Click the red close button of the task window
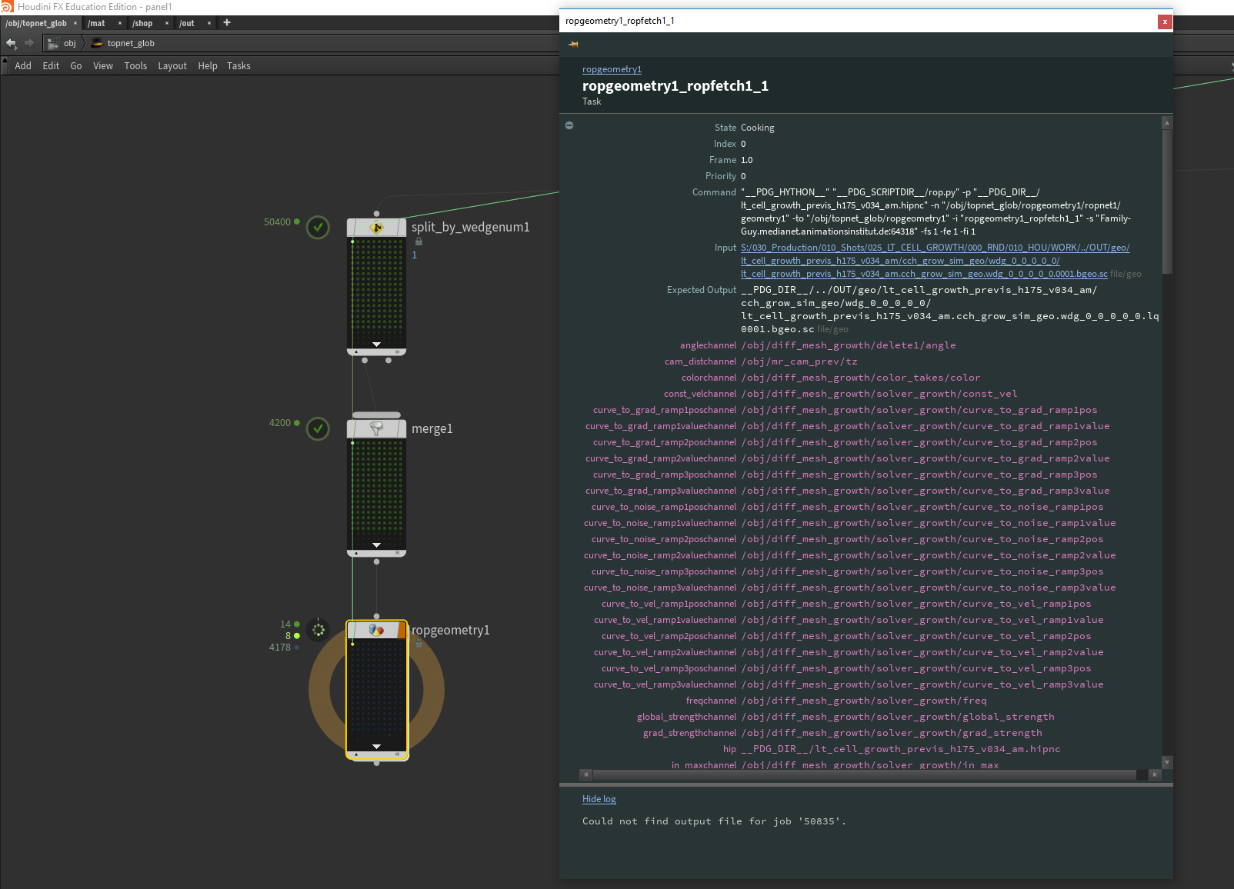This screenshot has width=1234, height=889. pyautogui.click(x=1165, y=22)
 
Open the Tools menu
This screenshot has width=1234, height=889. pyautogui.click(x=135, y=65)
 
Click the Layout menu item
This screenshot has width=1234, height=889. pyautogui.click(x=172, y=66)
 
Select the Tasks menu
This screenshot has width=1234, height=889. pyautogui.click(x=238, y=65)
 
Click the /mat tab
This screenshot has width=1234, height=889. pyautogui.click(x=96, y=23)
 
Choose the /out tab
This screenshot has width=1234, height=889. pyautogui.click(x=187, y=23)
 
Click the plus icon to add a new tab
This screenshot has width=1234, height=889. pyautogui.click(x=227, y=22)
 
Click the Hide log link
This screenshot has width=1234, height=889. pyautogui.click(x=599, y=799)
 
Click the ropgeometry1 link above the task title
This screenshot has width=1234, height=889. pyautogui.click(x=612, y=69)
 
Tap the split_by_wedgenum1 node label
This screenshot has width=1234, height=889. pyautogui.click(x=471, y=227)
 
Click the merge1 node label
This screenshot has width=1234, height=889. pyautogui.click(x=432, y=428)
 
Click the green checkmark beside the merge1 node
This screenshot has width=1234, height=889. pyautogui.click(x=318, y=428)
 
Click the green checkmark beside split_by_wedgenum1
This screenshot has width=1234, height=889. pyautogui.click(x=318, y=227)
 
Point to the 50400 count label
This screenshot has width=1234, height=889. pyautogui.click(x=277, y=222)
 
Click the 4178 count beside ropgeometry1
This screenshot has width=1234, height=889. pyautogui.click(x=280, y=648)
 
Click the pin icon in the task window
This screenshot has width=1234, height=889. pyautogui.click(x=573, y=44)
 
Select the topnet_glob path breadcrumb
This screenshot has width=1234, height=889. pyautogui.click(x=131, y=43)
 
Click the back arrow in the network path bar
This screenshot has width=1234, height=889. pyautogui.click(x=11, y=43)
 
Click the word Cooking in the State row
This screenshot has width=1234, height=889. pyautogui.click(x=758, y=128)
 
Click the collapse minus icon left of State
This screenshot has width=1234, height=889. pyautogui.click(x=569, y=125)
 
